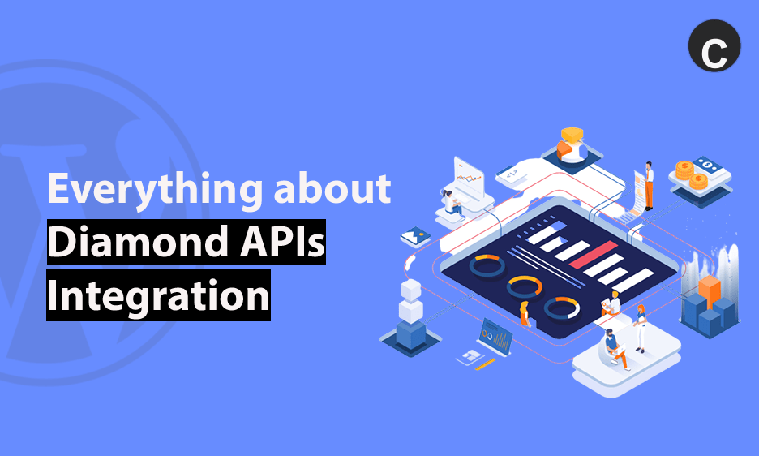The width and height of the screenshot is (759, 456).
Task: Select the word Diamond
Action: [139, 241]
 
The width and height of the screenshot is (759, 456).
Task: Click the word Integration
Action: [158, 295]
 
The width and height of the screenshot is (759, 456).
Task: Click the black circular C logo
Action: [714, 46]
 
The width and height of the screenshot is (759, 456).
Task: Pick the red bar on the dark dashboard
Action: [593, 255]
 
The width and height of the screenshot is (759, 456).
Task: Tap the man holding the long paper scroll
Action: [649, 186]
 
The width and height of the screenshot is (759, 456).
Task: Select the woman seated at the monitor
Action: [452, 203]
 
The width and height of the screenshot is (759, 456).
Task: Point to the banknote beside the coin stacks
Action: [708, 166]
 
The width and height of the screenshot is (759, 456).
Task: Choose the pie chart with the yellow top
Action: [572, 145]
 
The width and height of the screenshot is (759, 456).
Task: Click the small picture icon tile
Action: [415, 236]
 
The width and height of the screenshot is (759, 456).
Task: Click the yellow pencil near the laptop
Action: [485, 364]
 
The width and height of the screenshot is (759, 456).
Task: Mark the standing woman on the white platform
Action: [640, 328]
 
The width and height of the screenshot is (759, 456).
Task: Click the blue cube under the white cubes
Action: [411, 334]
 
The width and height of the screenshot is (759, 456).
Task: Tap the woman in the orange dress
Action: [525, 314]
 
